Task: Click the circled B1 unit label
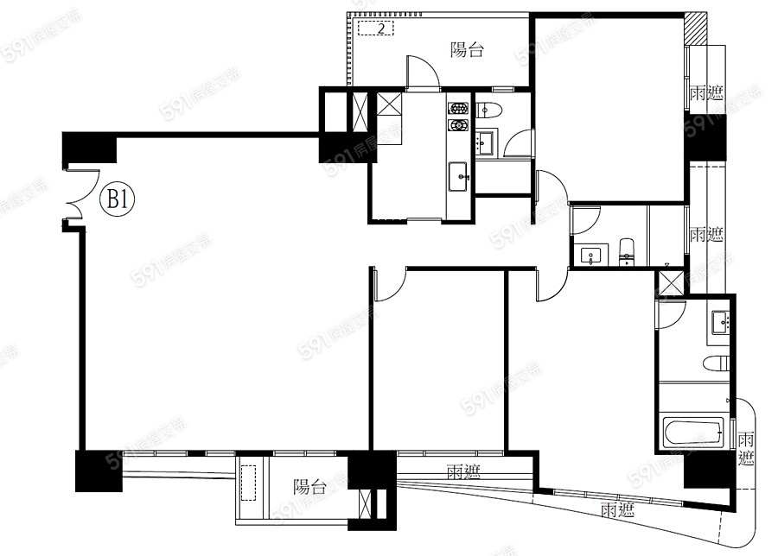coord(118,199)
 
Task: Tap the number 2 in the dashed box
coord(381,28)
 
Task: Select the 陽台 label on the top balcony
coord(467,50)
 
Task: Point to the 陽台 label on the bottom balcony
coord(309,486)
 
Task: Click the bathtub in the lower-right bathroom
coord(693,431)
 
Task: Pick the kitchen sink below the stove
coord(458,176)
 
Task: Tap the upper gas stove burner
coord(457,109)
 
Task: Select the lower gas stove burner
coord(457,125)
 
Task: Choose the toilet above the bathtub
coord(717,363)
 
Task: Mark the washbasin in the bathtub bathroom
coord(720,322)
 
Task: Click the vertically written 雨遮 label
coord(746,448)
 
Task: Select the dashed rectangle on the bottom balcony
coord(248,483)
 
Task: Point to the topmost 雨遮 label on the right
coord(706,92)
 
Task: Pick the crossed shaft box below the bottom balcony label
coord(365,503)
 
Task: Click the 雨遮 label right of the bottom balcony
coord(464,471)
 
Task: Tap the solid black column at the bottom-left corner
coord(99,471)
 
